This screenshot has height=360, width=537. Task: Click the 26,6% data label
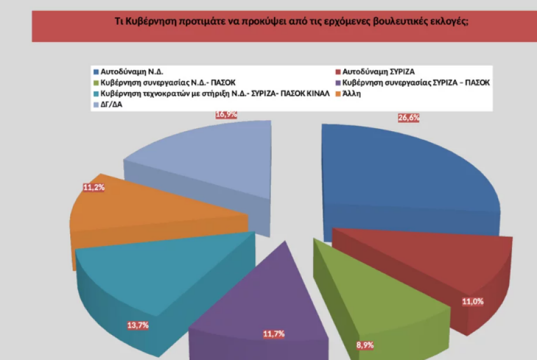pyautogui.click(x=408, y=118)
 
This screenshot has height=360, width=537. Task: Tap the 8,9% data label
pyautogui.click(x=365, y=345)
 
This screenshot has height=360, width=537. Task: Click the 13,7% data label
pyautogui.click(x=138, y=325)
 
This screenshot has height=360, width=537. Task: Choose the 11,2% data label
pyautogui.click(x=94, y=187)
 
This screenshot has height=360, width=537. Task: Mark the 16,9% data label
pyautogui.click(x=226, y=114)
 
